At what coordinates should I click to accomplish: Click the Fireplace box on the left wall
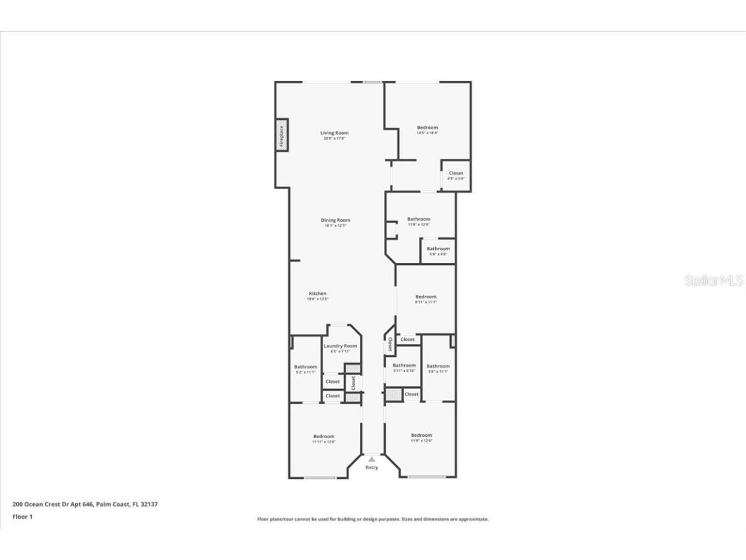coord(282,136)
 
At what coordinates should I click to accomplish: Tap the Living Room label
coord(334,135)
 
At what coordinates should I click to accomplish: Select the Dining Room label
coord(335,222)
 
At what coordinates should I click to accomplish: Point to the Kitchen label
coord(317,296)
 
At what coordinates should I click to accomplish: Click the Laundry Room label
coord(340,348)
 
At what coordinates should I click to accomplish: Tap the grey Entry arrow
coord(372,459)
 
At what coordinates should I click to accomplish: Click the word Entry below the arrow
coord(372,467)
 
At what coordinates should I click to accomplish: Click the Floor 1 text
coord(22,517)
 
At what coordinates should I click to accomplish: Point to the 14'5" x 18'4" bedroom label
coord(427,130)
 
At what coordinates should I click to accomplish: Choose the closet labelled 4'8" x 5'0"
coord(456,175)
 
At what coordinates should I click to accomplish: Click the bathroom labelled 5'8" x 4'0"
coord(438,251)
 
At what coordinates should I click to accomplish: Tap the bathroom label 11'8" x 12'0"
coord(418,222)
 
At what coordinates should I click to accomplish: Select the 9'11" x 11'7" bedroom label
coord(426,299)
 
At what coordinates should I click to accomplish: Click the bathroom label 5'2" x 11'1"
coord(306,369)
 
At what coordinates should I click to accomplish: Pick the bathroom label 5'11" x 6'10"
coord(404,367)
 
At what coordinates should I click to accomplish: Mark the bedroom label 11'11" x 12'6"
coord(324,439)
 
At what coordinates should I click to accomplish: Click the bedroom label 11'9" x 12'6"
coord(421,437)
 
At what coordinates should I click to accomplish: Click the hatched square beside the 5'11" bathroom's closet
coord(393,394)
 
